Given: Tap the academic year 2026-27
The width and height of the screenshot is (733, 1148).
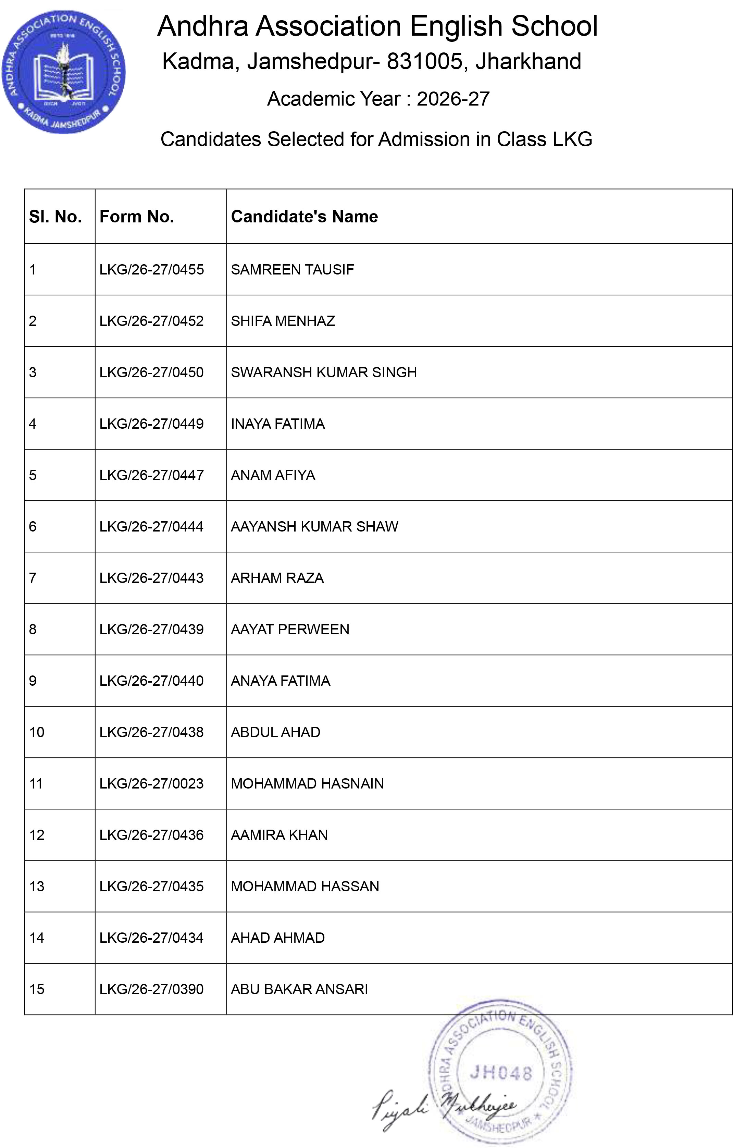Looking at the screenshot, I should coord(453,99).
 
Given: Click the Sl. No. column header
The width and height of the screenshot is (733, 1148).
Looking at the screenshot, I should coord(55,217).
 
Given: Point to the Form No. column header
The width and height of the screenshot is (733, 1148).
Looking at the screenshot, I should coord(137,217).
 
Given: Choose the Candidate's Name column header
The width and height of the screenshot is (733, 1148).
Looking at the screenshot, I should coord(304,217).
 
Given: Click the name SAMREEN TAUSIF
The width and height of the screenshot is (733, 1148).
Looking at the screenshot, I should coord(292,270).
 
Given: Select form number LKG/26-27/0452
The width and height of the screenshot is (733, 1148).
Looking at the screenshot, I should coord(151,321).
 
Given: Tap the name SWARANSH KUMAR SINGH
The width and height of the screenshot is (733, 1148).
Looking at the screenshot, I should coord(324,373).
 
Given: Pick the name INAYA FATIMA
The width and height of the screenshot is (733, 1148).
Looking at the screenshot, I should coord(278,424).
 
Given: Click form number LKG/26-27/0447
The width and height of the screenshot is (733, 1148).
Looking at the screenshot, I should coord(151,475).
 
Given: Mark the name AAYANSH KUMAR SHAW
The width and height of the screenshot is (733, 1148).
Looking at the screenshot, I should coord(314,527).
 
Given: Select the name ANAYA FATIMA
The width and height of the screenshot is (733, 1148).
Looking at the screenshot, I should coord(280,681).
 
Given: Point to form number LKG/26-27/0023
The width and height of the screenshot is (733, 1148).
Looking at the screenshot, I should coord(151,784).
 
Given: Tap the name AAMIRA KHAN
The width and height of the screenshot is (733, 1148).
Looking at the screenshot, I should coord(279,835).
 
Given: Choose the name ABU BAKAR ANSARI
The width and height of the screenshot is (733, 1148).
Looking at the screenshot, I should coord(299,990).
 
